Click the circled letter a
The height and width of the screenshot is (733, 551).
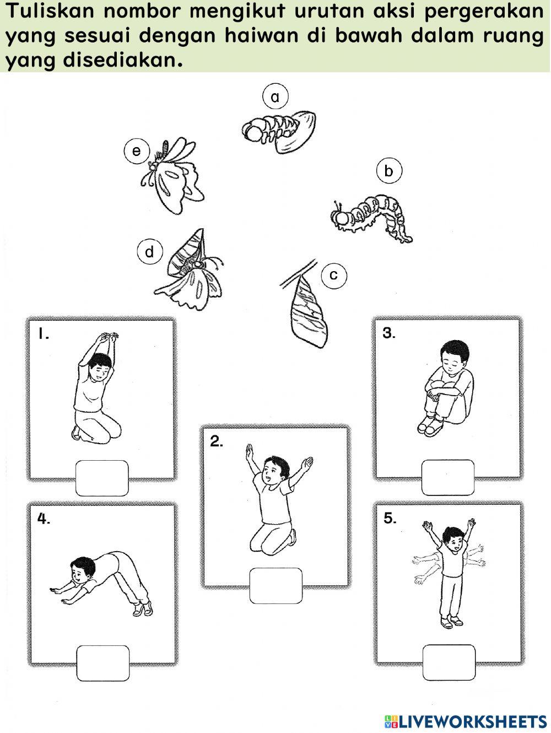275,97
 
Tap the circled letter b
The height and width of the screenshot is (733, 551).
389,171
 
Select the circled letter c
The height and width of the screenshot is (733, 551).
334,275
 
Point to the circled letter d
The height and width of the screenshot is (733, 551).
150,251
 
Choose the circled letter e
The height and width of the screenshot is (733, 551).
137,151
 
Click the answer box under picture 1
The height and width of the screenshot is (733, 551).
102,478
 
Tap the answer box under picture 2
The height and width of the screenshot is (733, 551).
276,586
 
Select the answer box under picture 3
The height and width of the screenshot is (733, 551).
448,477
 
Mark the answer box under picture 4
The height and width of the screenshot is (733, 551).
103,663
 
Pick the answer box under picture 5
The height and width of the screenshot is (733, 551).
449,662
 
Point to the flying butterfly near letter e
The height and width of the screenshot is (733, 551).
172,175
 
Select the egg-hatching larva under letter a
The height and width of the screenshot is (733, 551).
279,131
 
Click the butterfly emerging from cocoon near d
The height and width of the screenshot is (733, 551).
189,270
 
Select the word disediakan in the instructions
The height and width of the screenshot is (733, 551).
123,61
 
